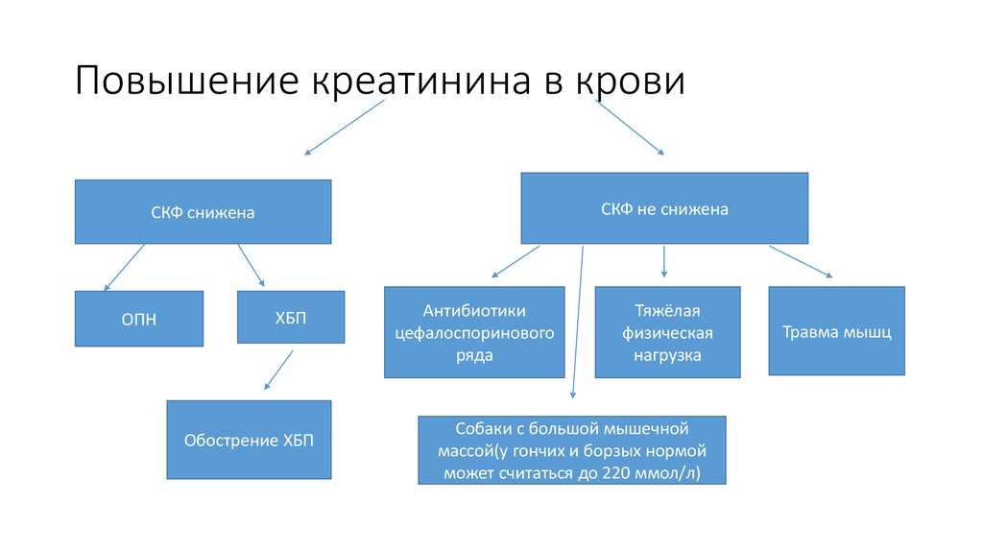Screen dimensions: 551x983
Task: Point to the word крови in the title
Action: coord(630,81)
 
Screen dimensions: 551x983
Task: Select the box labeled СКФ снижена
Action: coord(203,212)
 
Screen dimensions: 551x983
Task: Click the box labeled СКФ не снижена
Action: coord(663,208)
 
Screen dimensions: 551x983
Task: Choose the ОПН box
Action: coord(139,319)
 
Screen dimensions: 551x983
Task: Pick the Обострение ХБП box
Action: coord(249,440)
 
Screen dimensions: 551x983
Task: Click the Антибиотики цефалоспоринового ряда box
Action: coord(474,332)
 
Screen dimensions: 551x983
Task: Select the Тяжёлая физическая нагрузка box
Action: coord(667,332)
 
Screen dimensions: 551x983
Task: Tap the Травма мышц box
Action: coord(836,331)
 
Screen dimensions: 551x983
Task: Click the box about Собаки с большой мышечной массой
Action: coord(572,450)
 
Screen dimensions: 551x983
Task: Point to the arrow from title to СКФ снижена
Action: coord(344,127)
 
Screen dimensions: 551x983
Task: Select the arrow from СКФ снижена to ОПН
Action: coord(124,267)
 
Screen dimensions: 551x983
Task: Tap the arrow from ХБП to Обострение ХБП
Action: coord(278,370)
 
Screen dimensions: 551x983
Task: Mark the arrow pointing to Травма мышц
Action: coord(800,261)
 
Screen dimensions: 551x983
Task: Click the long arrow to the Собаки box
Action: coord(578,322)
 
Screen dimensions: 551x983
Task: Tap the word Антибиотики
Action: coord(474,311)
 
